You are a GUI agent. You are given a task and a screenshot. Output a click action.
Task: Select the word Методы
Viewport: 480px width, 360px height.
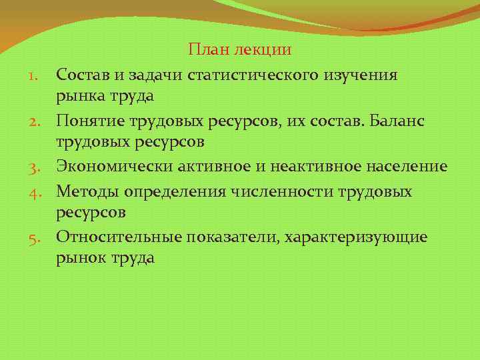[87, 191]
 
